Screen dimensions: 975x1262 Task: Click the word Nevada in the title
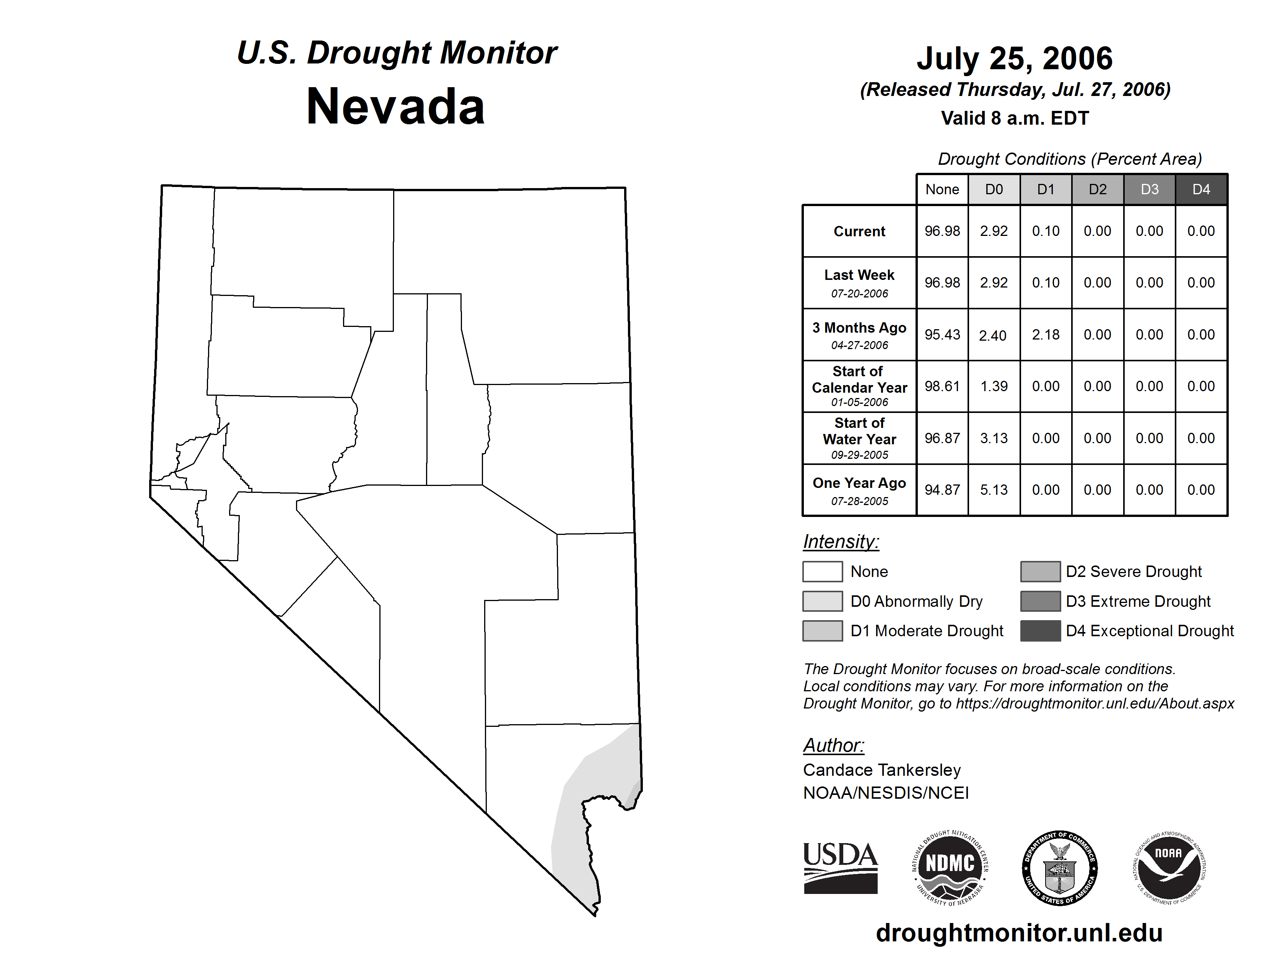(x=395, y=107)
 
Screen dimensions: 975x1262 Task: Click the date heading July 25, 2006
(x=1014, y=58)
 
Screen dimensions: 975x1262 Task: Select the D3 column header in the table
(x=1149, y=189)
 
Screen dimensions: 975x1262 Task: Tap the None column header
(x=942, y=189)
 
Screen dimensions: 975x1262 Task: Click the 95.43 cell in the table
(x=942, y=335)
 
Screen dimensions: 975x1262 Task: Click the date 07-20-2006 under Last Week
(x=859, y=293)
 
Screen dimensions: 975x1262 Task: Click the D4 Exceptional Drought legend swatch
(x=1040, y=631)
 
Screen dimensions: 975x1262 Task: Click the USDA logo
(x=840, y=868)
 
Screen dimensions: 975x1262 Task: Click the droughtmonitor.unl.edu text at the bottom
(x=1019, y=933)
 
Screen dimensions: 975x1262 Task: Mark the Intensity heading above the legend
(x=841, y=542)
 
